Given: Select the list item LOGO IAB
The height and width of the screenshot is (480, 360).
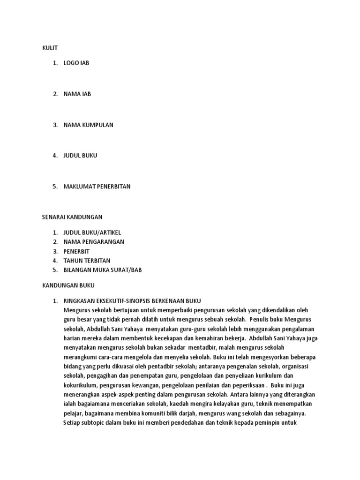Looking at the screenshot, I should (x=76, y=63).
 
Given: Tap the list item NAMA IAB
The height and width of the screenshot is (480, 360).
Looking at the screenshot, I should (x=77, y=94).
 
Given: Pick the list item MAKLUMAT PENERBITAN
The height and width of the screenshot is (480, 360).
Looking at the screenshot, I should (x=97, y=186).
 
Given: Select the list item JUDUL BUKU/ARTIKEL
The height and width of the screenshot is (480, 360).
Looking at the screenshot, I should (x=92, y=232).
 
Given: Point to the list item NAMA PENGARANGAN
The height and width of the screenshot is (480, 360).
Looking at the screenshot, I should (x=94, y=242).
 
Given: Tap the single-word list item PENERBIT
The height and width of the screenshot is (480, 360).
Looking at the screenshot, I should (x=76, y=251).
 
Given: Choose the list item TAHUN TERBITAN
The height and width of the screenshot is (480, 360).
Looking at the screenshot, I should (x=87, y=260).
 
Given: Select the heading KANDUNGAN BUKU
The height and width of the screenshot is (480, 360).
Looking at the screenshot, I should (x=68, y=285).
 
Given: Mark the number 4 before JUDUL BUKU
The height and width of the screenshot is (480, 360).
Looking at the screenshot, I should (x=55, y=156).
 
